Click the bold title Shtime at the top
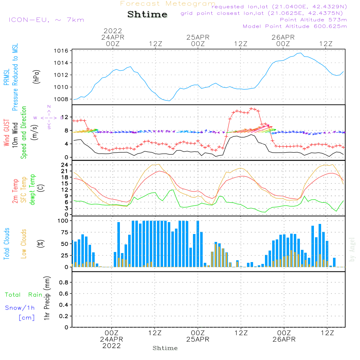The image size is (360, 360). pos(147,14)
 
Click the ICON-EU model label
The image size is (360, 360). pos(46,20)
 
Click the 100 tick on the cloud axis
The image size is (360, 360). pos(63,221)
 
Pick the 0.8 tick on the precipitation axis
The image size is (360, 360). pos(64,283)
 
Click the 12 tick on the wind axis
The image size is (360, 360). pos(65,117)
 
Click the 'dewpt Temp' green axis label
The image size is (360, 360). pos(33,190)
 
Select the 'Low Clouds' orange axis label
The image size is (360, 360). pos(24,243)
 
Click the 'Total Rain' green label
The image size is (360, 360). pos(23,295)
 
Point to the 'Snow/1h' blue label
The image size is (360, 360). pos(20,308)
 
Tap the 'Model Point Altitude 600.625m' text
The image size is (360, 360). pos(295,26)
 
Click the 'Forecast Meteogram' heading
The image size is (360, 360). pos(168,4)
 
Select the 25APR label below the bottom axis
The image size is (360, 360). pos(198,339)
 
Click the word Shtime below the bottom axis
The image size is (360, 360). pos(165,348)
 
